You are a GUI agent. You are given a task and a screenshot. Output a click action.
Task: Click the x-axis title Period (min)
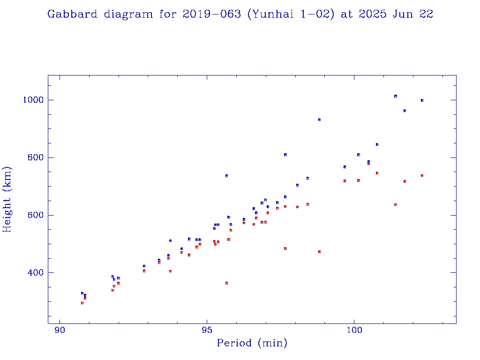click(x=252, y=344)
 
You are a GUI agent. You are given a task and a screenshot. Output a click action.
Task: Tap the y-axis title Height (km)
click(x=7, y=199)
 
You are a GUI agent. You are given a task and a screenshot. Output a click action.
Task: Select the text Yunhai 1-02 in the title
click(x=291, y=15)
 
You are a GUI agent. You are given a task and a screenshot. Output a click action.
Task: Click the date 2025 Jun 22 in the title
click(x=396, y=15)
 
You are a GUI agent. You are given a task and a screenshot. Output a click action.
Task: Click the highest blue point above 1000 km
click(x=396, y=96)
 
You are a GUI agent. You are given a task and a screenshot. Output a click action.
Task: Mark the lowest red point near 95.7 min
click(x=226, y=283)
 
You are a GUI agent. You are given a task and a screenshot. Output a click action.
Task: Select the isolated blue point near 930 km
click(x=319, y=120)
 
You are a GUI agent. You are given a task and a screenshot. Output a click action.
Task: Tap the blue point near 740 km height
click(x=226, y=176)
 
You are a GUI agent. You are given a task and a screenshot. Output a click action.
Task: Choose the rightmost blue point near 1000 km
click(x=422, y=100)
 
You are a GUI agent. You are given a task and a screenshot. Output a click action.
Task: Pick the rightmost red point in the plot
click(x=422, y=175)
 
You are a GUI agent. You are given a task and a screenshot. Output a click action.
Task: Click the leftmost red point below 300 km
click(x=82, y=303)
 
